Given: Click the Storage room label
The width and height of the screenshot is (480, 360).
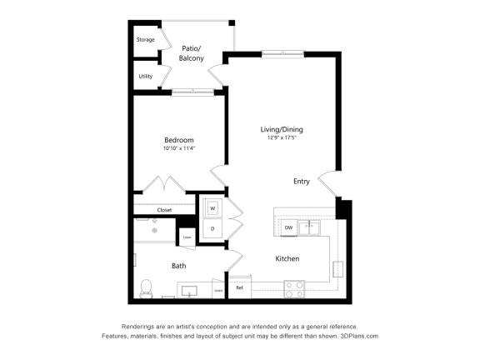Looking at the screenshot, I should click(146, 39).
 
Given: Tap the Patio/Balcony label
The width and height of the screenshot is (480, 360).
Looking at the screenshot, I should click(192, 53).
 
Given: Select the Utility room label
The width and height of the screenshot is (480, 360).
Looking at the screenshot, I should click(146, 76).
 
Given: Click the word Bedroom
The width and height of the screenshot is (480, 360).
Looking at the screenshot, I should click(178, 139).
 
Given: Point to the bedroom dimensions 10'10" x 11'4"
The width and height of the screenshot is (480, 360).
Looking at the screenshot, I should click(178, 148).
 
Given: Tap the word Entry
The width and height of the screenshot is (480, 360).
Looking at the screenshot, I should click(302, 181).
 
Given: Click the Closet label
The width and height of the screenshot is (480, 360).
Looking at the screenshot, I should click(164, 210).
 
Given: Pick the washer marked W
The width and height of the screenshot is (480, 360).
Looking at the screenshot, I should click(212, 207).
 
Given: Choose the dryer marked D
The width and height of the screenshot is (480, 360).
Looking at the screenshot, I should click(212, 228).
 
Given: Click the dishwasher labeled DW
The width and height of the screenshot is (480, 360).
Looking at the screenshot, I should click(288, 227).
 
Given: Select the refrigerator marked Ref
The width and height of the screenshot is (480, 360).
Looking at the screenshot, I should click(239, 287).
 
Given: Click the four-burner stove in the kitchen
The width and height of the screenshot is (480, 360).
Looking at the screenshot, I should click(294, 288).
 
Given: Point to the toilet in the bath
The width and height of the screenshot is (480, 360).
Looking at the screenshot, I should click(146, 287).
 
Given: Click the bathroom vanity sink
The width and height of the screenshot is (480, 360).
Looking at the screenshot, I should click(188, 291).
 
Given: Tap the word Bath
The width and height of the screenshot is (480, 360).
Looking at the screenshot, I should click(178, 266).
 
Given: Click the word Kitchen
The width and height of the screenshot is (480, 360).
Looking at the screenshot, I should click(287, 258).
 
